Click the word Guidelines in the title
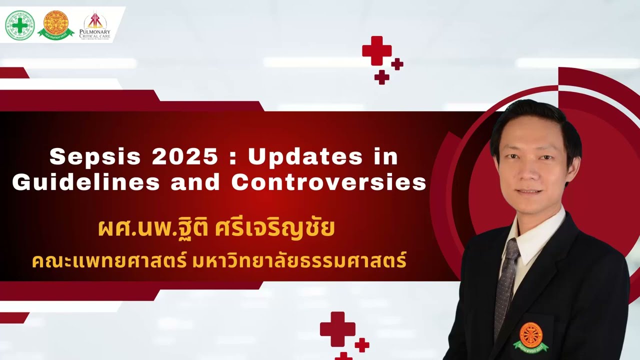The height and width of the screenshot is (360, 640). coord(86,183)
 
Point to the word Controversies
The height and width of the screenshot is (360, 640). coord(328,183)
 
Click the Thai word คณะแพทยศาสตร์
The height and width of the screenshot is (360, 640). coord(109,261)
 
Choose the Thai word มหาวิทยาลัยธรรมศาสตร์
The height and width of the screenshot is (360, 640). coord(299,261)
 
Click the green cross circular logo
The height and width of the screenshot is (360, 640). coord(20,25)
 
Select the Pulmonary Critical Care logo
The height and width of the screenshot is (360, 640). coord(95,26)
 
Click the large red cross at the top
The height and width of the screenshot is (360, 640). coord(377,50)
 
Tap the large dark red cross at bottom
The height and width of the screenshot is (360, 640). coord(337,328)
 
